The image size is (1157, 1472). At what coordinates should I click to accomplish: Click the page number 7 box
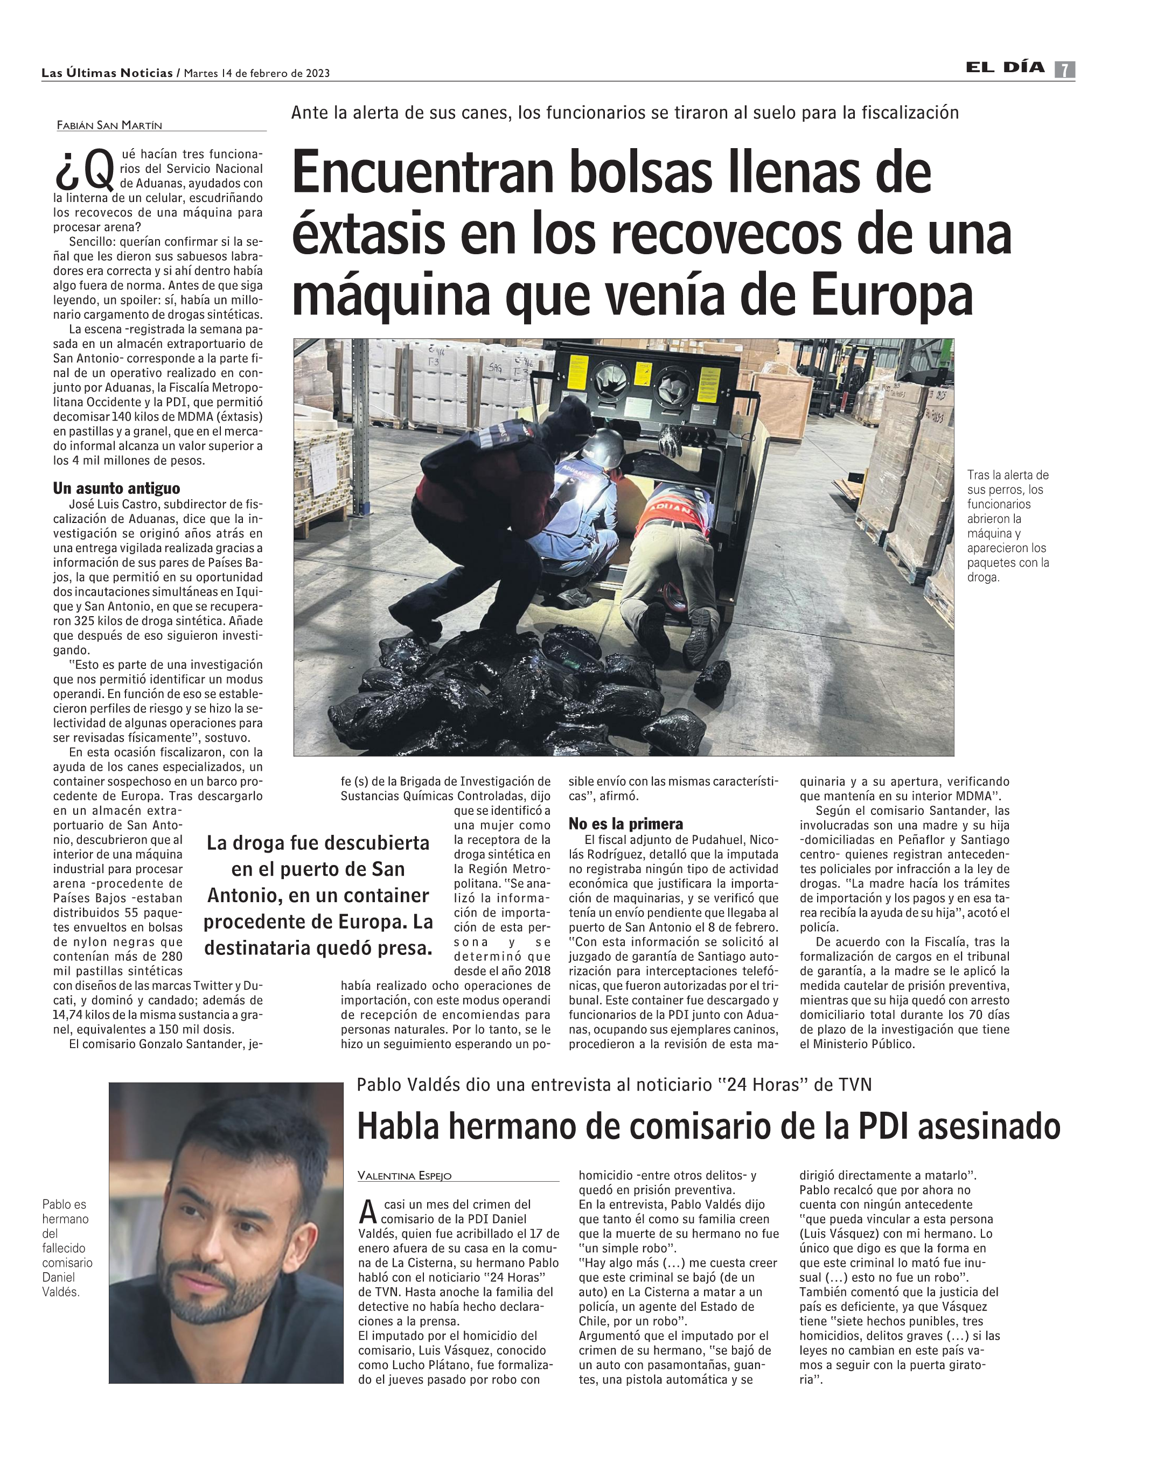coord(1064,70)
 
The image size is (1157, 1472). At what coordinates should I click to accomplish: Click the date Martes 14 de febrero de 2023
coord(257,74)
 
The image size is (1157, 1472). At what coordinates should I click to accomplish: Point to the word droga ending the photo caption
coord(983,577)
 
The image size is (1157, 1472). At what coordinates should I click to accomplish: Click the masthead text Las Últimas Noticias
coord(107,73)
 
